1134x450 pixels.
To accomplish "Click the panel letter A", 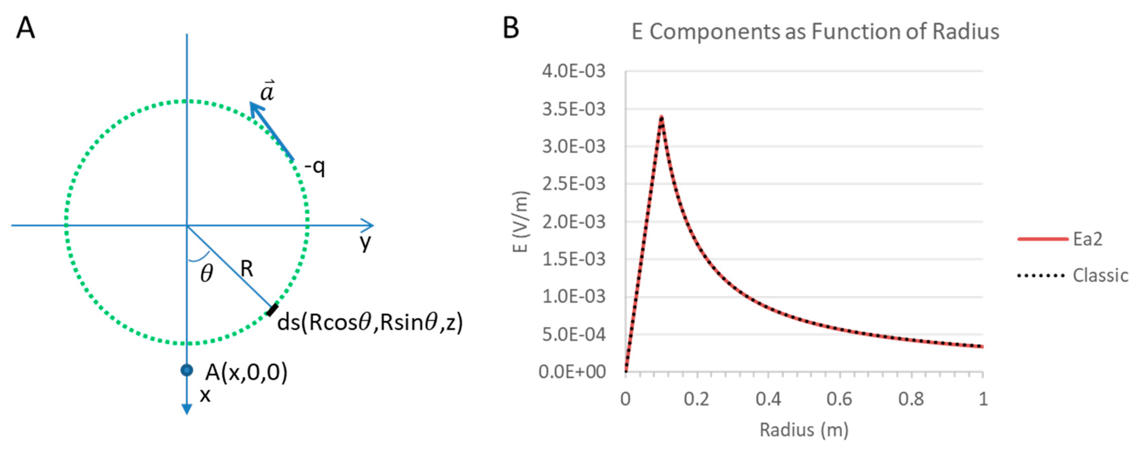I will tap(25, 29).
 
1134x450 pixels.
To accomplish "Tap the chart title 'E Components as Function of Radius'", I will tap(815, 32).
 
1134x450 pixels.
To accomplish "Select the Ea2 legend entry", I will tap(1087, 239).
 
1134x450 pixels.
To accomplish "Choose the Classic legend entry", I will tap(1100, 276).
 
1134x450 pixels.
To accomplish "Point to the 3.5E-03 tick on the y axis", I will tap(574, 109).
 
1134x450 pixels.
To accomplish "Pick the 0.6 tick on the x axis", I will tap(839, 399).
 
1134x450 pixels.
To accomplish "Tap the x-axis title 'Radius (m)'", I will tap(804, 430).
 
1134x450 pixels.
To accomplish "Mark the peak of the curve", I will tap(661, 117).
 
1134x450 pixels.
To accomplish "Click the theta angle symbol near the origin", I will tap(206, 274).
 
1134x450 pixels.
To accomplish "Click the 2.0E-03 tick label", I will tap(574, 221).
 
